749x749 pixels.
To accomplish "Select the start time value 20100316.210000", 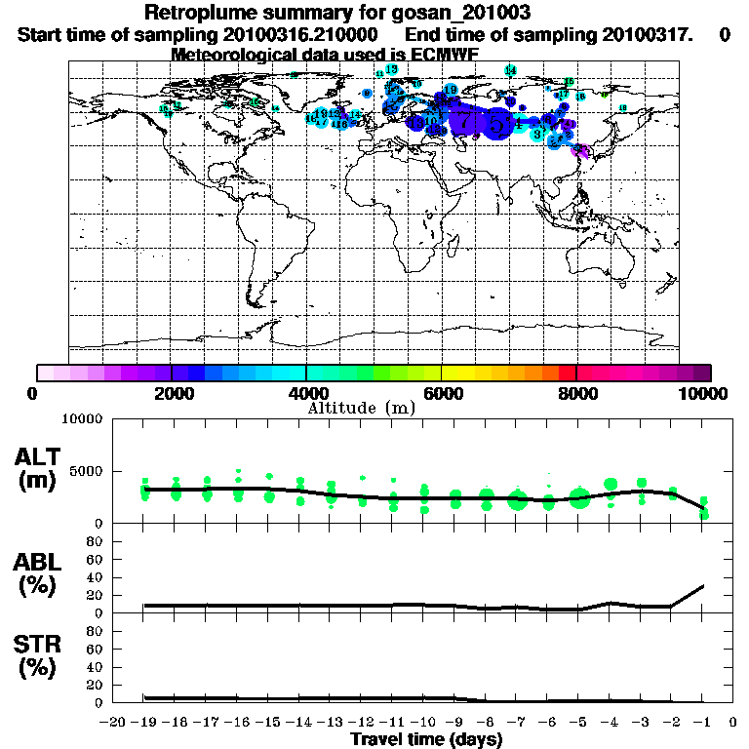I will (307, 34).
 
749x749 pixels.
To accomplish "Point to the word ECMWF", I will (439, 55).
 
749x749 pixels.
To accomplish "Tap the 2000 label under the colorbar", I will (171, 393).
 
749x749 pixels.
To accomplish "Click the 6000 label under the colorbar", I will (441, 393).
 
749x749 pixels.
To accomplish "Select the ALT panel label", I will (41, 456).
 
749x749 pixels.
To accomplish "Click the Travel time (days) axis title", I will (426, 739).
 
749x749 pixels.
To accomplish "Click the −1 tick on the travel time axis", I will (702, 723).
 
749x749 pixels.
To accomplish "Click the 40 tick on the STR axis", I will (98, 667).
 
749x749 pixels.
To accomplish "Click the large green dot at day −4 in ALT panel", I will (611, 484).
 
